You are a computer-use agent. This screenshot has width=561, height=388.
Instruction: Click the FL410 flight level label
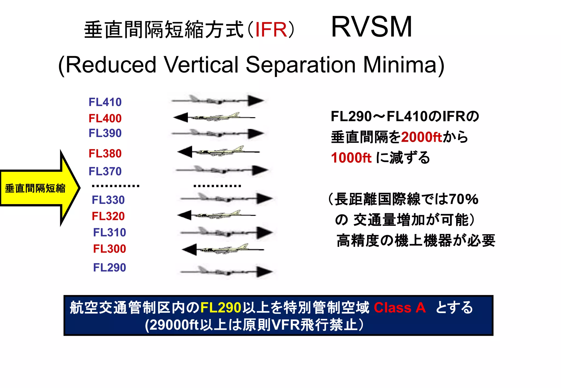[105, 102]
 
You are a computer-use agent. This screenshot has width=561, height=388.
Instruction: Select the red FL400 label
[105, 118]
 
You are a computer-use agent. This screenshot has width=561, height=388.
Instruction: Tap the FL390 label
[105, 133]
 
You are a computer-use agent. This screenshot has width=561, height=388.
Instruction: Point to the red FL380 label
[105, 154]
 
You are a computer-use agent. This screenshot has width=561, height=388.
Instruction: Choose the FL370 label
[105, 171]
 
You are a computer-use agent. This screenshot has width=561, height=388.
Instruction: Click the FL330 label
[108, 200]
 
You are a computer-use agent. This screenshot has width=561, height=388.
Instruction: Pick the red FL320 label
[108, 216]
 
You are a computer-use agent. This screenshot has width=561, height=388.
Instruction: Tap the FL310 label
[110, 232]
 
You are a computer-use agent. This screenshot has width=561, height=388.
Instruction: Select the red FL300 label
[110, 249]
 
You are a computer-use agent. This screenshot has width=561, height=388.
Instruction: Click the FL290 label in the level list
[110, 267]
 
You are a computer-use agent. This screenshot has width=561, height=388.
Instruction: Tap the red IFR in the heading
[271, 30]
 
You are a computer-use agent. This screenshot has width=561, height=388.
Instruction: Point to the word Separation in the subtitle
[300, 65]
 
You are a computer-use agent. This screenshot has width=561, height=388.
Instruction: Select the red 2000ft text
[422, 137]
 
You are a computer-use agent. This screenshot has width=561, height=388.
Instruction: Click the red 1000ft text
[351, 158]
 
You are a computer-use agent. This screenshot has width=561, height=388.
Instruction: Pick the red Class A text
[400, 308]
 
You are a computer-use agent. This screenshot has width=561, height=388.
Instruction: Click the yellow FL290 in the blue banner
[221, 308]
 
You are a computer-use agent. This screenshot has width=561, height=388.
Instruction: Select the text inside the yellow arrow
[35, 188]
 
